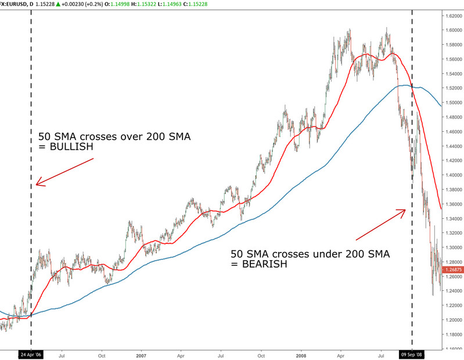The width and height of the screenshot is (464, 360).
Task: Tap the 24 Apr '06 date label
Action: (x=31, y=353)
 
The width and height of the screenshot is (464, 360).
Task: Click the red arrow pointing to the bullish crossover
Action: (x=64, y=171)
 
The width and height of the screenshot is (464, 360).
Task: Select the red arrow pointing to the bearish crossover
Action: (x=380, y=224)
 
